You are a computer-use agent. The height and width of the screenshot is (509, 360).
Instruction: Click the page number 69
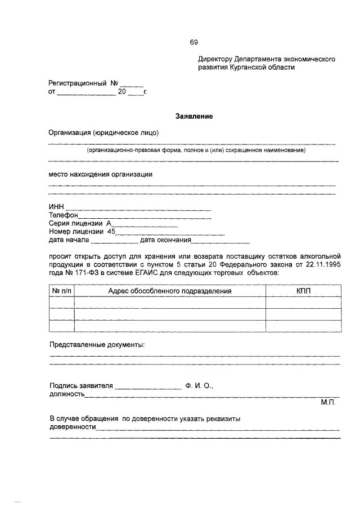pyautogui.click(x=193, y=42)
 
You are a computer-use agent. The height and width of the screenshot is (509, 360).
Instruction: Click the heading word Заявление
pyautogui.click(x=193, y=116)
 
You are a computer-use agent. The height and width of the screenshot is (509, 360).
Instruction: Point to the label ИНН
pyautogui.click(x=57, y=208)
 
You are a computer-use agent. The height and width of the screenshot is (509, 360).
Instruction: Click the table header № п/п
pyautogui.click(x=62, y=291)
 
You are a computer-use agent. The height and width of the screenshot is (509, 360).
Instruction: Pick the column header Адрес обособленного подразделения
pyautogui.click(x=169, y=291)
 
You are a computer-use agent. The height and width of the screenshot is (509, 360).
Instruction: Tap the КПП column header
pyautogui.click(x=303, y=291)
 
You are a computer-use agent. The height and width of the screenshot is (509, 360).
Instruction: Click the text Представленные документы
pyautogui.click(x=97, y=344)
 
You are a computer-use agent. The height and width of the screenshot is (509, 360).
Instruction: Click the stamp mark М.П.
pyautogui.click(x=328, y=403)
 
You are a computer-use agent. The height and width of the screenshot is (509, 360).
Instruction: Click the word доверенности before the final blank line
pyautogui.click(x=73, y=427)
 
